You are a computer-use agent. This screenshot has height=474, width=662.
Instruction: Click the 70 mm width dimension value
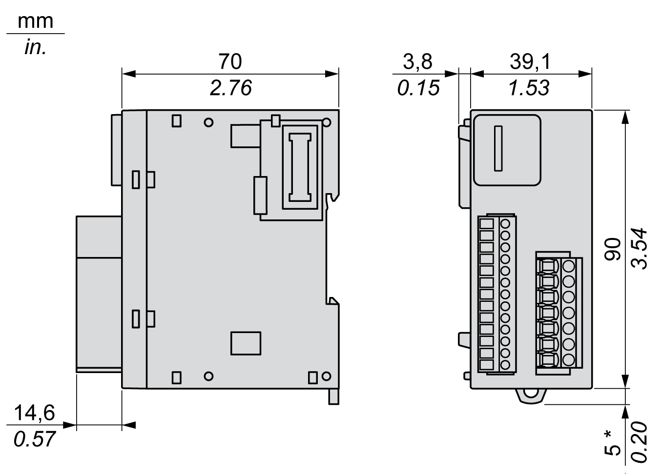230,62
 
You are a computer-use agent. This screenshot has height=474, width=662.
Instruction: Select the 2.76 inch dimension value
230,88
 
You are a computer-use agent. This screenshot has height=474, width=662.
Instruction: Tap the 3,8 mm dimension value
417,62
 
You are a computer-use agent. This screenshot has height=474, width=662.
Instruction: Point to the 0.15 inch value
418,88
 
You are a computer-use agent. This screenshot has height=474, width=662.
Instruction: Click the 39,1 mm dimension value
530,62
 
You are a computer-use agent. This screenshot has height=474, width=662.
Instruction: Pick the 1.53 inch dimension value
529,88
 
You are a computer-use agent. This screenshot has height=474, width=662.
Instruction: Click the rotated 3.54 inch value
640,249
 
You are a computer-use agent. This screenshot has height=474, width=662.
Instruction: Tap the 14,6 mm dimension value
34,414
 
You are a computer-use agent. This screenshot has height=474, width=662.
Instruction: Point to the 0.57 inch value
34,439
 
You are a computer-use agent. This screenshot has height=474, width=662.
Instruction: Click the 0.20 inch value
640,442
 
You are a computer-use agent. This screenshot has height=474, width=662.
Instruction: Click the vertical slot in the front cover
498,148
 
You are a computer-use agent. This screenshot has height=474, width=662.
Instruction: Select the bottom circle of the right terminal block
569,360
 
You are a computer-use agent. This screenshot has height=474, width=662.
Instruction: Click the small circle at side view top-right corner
327,122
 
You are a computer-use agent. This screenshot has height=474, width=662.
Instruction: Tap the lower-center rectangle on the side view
246,343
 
